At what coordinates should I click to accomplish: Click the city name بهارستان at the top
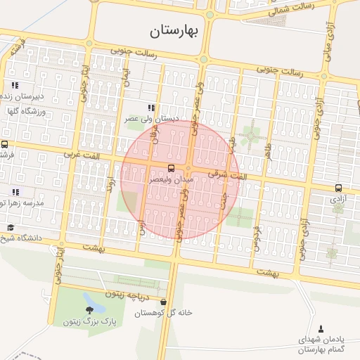pyautogui.click(x=176, y=30)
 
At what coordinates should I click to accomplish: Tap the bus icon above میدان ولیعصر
pyautogui.click(x=171, y=167)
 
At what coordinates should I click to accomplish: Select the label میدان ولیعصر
pyautogui.click(x=172, y=180)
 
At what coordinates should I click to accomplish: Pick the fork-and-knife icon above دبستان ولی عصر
pyautogui.click(x=150, y=108)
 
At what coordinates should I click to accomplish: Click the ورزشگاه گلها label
pyautogui.click(x=25, y=111)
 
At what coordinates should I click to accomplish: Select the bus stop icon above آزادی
pyautogui.click(x=338, y=188)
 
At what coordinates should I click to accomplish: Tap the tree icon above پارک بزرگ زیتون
pyautogui.click(x=91, y=309)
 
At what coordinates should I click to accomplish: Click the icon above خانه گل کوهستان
pyautogui.click(x=164, y=302)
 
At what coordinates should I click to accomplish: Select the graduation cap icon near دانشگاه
pyautogui.click(x=11, y=227)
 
